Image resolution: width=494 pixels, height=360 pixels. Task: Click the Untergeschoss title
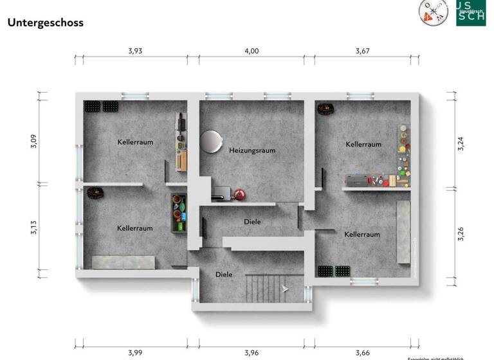(x=45, y=22)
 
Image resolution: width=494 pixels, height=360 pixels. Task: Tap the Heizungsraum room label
(x=252, y=150)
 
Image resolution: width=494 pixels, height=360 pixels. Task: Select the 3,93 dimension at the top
(x=135, y=51)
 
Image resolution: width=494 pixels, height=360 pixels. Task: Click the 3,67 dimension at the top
(x=364, y=51)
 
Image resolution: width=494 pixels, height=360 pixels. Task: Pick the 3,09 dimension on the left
(x=33, y=141)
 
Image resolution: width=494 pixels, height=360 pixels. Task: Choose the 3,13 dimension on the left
(x=33, y=228)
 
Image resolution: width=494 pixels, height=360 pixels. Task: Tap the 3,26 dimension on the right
(x=460, y=233)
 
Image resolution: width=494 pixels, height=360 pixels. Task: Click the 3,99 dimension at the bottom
(x=135, y=352)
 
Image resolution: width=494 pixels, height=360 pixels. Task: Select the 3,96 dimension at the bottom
(x=252, y=352)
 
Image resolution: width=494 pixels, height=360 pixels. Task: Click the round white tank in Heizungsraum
(x=210, y=141)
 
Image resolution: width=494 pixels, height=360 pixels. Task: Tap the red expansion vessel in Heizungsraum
(x=240, y=194)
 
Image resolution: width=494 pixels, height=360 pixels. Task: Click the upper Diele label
(x=253, y=222)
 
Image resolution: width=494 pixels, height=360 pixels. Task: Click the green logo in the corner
(x=471, y=12)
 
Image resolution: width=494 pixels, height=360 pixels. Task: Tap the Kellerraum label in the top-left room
(x=135, y=141)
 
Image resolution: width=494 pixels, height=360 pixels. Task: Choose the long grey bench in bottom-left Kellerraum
(x=123, y=262)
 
